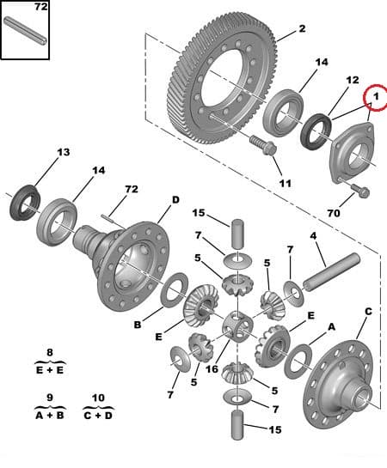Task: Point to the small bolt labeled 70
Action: pos(359,191)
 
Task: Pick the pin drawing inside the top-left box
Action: pos(26,34)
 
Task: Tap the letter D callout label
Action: pos(175,200)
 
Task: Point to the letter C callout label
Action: pos(368,311)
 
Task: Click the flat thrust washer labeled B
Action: pos(175,289)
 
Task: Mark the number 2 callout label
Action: pos(302,29)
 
